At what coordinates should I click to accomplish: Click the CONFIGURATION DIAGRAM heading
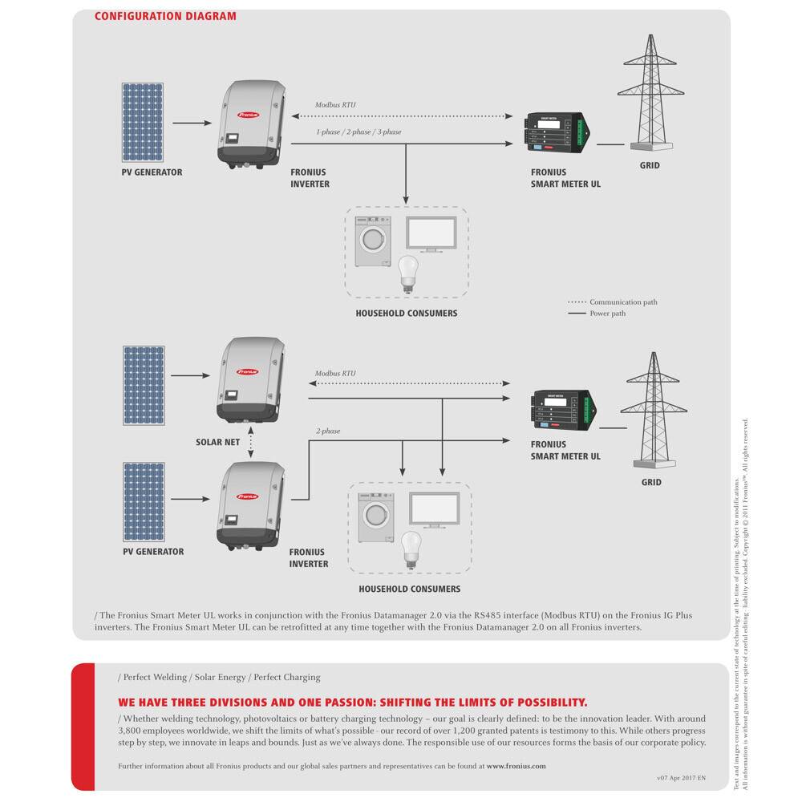click(165, 16)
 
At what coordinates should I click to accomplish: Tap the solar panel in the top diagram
click(143, 123)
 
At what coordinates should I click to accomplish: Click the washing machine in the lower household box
click(376, 517)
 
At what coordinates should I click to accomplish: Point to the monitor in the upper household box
click(431, 233)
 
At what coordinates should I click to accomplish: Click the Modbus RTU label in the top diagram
click(335, 105)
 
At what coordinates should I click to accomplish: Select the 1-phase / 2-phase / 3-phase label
click(358, 132)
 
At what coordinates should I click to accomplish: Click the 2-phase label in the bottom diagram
click(327, 431)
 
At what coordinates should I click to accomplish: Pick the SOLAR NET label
click(217, 442)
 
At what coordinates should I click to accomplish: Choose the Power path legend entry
click(607, 314)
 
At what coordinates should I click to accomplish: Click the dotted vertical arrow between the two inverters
click(251, 443)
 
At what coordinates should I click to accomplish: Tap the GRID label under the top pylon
click(650, 166)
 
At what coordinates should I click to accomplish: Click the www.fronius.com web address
click(516, 766)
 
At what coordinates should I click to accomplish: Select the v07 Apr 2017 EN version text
click(681, 778)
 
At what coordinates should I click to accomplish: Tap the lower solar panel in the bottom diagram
click(144, 502)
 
